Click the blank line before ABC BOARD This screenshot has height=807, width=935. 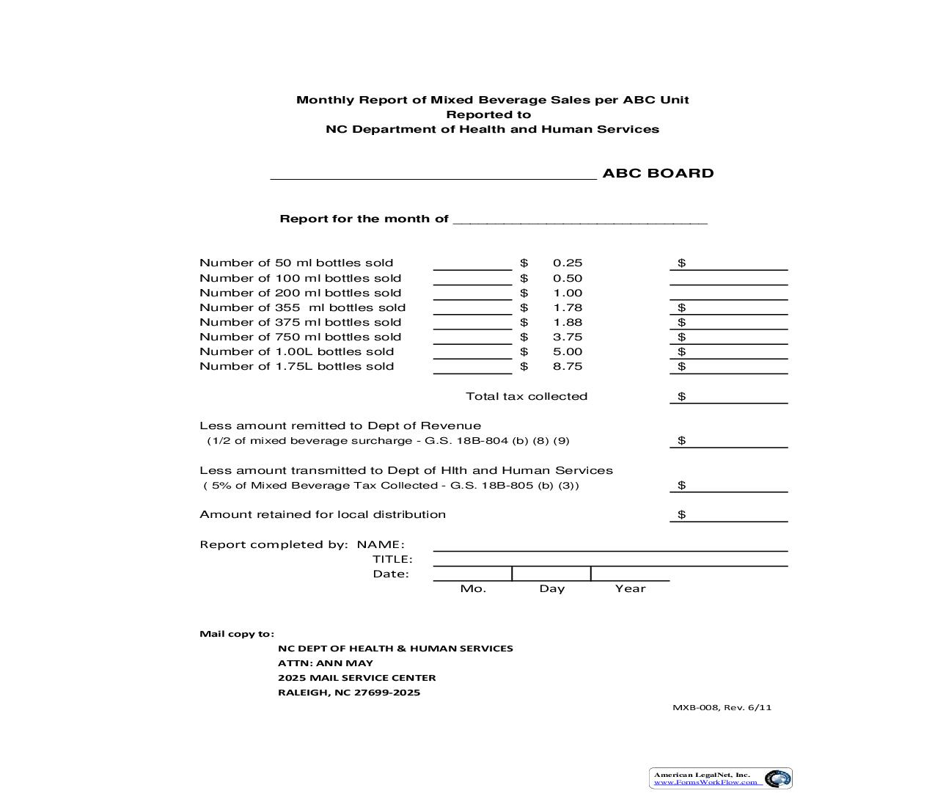click(433, 174)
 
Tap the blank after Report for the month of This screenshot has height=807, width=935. click(580, 219)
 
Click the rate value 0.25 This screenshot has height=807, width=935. click(568, 263)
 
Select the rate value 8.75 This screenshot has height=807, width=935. click(568, 367)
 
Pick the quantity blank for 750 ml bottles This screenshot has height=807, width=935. click(472, 337)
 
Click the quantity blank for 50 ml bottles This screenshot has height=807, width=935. click(472, 263)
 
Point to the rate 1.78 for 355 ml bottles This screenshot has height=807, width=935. click(568, 308)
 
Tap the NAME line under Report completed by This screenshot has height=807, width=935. click(610, 544)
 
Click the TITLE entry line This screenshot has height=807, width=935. click(610, 560)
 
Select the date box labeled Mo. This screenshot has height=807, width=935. click(472, 574)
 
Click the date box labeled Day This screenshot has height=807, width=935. click(551, 574)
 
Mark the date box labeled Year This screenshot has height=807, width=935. click(630, 574)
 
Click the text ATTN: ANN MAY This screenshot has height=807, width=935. click(325, 663)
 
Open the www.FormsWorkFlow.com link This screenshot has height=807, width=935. click(705, 782)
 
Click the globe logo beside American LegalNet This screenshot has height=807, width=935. click(777, 778)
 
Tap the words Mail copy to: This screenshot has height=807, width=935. click(237, 634)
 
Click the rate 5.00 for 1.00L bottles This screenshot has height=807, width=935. click(568, 352)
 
